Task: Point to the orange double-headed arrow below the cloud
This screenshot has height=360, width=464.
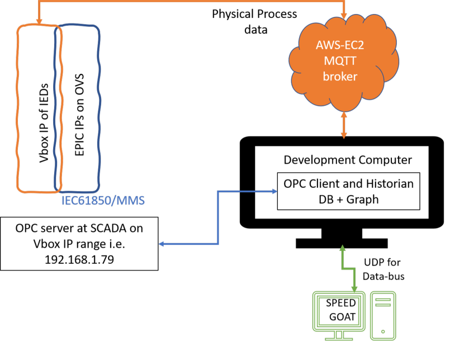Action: tap(344, 124)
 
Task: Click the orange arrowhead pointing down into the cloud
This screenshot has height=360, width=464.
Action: tap(344, 12)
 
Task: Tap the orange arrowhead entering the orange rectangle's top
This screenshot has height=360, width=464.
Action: tap(39, 21)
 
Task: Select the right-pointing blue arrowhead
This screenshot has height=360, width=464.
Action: tap(274, 191)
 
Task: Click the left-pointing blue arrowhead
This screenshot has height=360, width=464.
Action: tap(162, 244)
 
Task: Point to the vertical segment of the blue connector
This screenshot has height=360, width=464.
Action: tap(218, 218)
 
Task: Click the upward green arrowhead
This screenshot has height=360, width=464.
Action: tap(343, 248)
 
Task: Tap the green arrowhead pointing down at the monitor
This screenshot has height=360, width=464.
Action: tap(354, 288)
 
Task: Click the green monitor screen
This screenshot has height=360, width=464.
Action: tap(338, 311)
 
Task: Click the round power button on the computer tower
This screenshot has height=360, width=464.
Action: tap(383, 331)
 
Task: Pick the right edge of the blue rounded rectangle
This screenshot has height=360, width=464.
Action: tap(99, 106)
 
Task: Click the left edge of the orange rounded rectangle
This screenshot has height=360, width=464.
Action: tap(18, 106)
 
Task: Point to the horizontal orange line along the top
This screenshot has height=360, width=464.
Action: tap(190, 1)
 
